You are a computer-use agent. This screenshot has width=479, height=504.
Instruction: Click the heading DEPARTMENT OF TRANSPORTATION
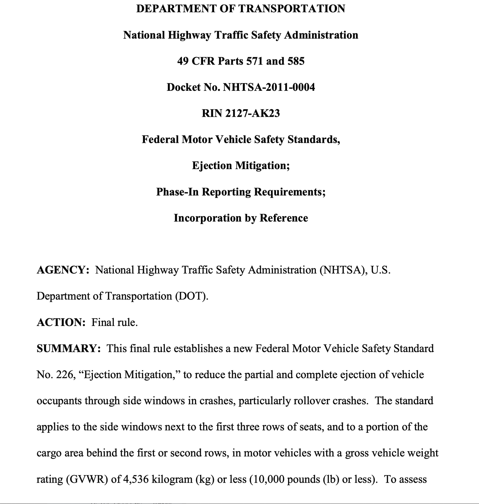click(x=240, y=9)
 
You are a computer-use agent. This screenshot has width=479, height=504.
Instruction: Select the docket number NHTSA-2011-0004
click(x=269, y=87)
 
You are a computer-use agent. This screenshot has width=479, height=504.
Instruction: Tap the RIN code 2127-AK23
click(x=252, y=113)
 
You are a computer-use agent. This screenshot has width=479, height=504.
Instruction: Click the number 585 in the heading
click(x=296, y=61)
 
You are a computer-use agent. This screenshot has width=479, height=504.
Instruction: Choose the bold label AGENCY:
click(x=63, y=270)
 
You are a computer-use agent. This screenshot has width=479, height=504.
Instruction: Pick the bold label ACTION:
click(x=61, y=322)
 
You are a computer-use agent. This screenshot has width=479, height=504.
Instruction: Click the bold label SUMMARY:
click(x=69, y=348)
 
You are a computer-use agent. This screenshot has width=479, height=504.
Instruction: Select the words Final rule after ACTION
click(x=114, y=322)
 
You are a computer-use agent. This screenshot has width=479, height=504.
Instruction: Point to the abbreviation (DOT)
click(x=191, y=296)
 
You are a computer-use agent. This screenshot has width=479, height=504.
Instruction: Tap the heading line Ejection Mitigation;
click(x=241, y=166)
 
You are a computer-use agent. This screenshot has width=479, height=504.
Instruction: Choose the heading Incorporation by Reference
click(x=241, y=218)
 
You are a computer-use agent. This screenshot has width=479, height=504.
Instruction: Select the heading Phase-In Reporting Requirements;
click(x=241, y=192)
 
